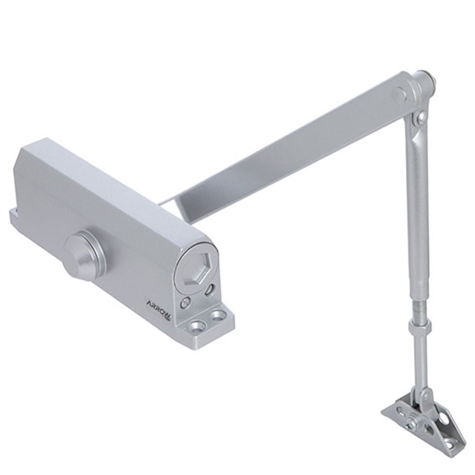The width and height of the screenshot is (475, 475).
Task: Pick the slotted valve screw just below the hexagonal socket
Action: point(209,289)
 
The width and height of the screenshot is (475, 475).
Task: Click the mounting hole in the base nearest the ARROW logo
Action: point(197,328)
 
